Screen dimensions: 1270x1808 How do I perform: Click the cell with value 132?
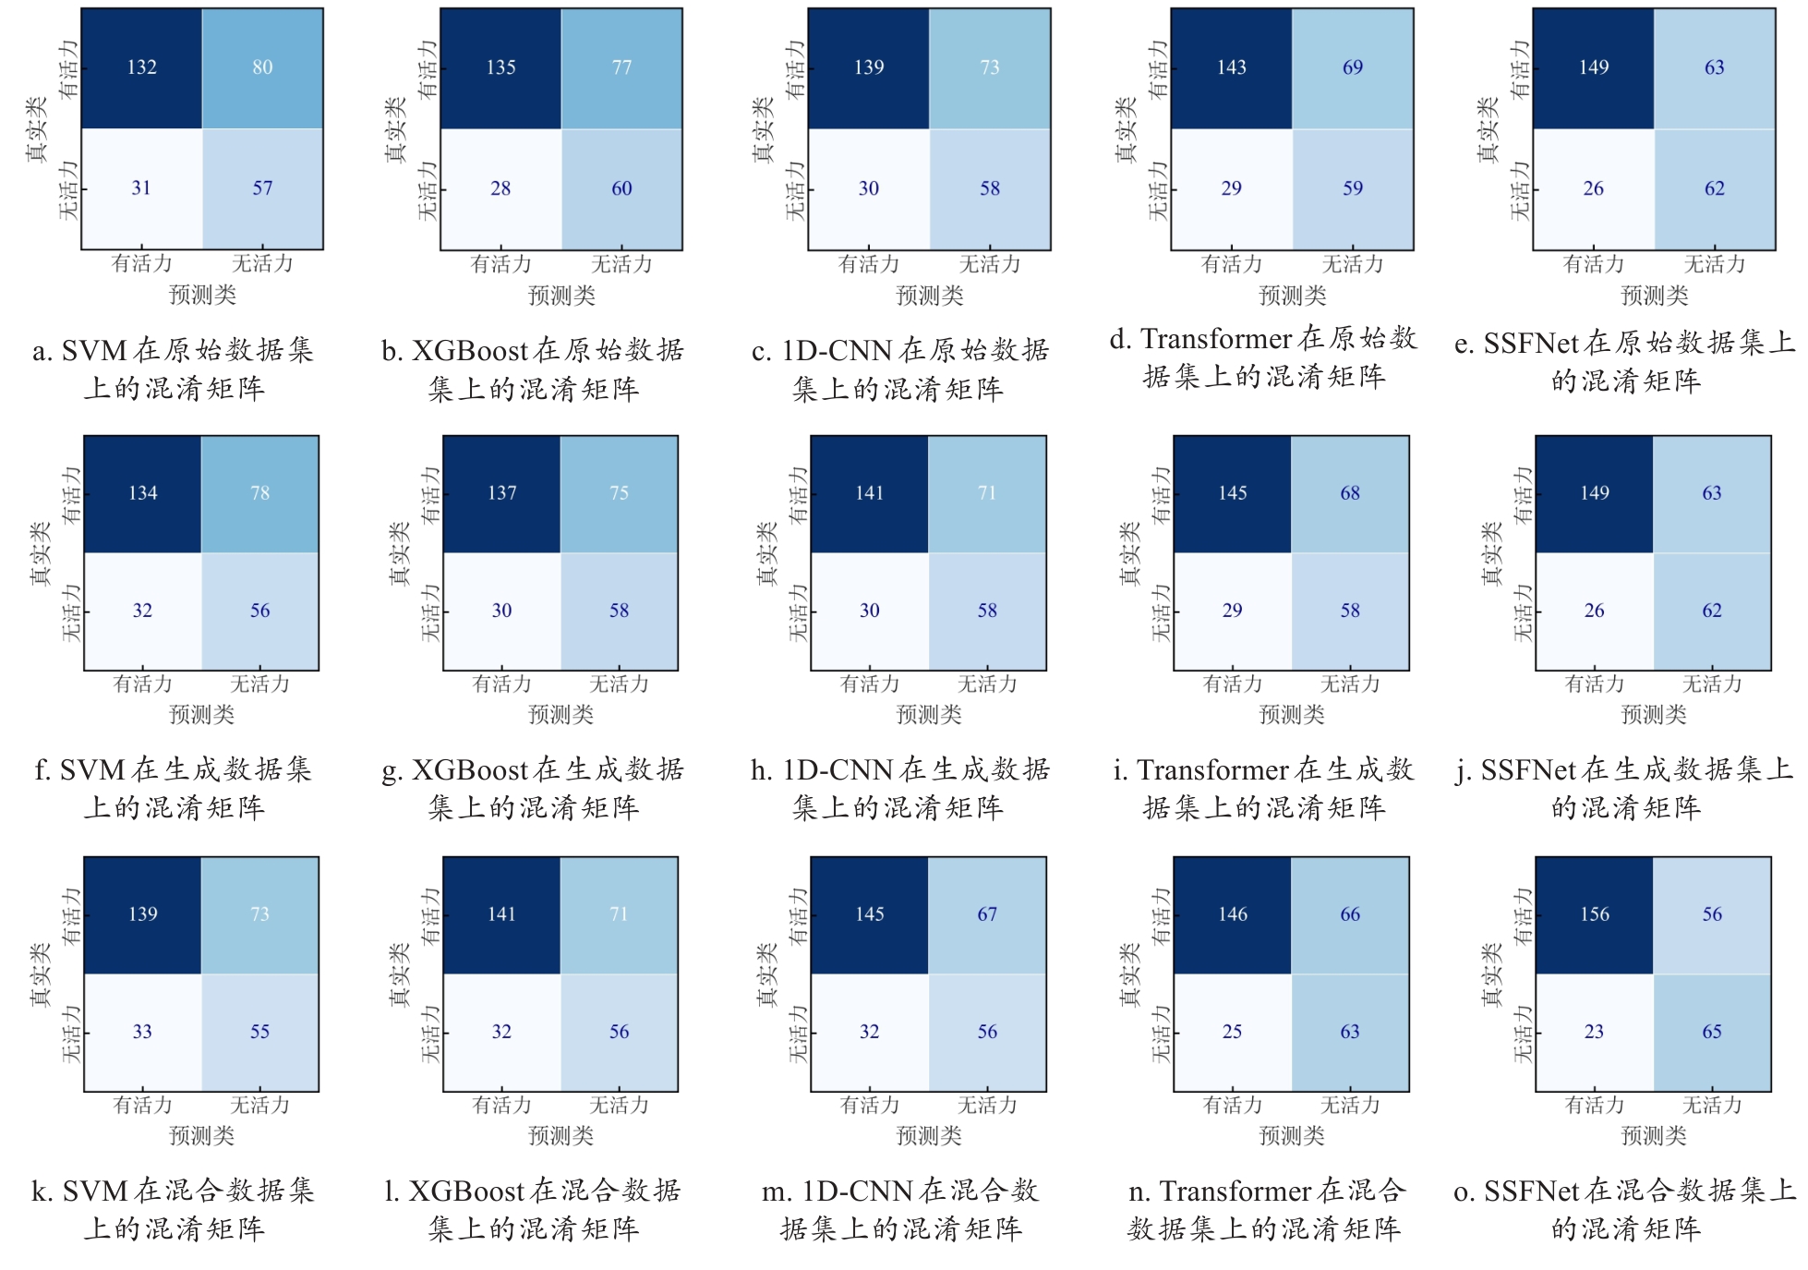coord(141,67)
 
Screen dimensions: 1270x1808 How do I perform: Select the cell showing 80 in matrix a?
coord(262,67)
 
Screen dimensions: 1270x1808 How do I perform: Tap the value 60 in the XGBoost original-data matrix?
coord(621,188)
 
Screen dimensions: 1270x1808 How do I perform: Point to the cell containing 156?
coord(1595,914)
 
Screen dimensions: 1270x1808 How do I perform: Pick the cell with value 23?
coord(1595,1032)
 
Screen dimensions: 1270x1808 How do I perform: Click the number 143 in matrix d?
coord(1232,67)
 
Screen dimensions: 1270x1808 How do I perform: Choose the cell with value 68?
coord(1350,493)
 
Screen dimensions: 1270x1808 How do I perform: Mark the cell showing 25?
coord(1233,1032)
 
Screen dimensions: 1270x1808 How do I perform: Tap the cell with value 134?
coord(143,493)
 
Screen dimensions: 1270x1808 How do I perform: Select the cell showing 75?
coord(619,493)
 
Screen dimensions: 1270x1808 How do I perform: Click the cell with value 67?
coord(987,914)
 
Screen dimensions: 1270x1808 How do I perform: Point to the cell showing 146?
coord(1233,914)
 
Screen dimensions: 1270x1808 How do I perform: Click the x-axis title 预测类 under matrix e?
coord(1655,296)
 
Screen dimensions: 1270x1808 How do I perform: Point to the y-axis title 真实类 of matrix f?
coord(41,554)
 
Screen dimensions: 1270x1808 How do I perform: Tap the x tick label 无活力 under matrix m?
coord(987,1105)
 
